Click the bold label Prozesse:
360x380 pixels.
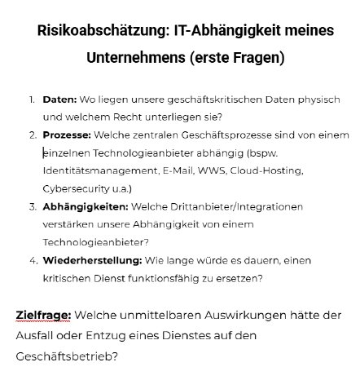click(67, 135)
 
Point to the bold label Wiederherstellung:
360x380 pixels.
click(92, 260)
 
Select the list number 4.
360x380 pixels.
click(33, 260)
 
